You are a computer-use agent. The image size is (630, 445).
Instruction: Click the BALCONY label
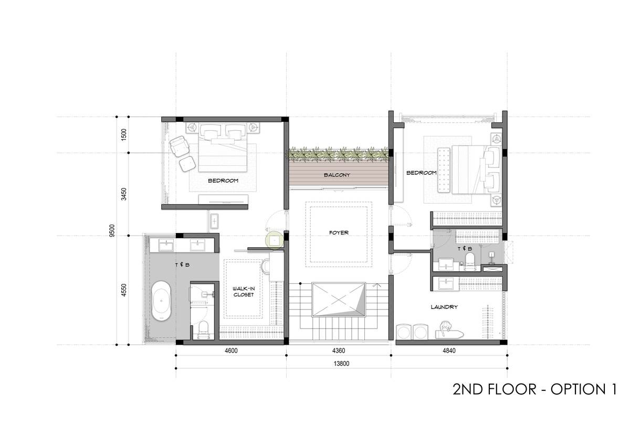tap(337, 175)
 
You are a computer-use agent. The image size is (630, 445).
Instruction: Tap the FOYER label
tap(339, 232)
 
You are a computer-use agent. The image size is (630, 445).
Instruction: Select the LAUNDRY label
tap(444, 306)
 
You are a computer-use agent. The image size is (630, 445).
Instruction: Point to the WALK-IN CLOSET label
tap(244, 292)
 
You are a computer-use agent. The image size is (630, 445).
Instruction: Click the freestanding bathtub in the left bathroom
tap(161, 301)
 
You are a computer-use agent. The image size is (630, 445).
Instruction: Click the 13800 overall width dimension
tap(341, 364)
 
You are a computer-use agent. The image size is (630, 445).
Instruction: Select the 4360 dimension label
tap(339, 351)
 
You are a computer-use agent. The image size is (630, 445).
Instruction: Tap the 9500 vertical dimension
tap(112, 231)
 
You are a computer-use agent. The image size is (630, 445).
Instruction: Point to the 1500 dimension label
tap(123, 135)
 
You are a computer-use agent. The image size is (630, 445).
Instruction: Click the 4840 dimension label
tap(449, 351)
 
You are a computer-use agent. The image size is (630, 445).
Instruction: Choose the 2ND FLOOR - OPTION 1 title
tap(534, 389)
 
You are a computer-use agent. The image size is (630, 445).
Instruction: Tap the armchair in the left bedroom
tap(179, 146)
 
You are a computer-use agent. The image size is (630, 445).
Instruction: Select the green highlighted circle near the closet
tap(274, 241)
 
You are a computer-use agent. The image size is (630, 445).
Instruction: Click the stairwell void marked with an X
tap(339, 300)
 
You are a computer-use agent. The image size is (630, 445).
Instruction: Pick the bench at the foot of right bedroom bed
tap(444, 170)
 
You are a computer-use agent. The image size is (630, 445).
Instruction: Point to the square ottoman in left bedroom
tap(187, 164)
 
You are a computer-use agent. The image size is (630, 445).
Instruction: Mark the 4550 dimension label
tap(123, 290)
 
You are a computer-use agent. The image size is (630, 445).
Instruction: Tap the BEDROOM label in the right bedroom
tap(421, 173)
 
